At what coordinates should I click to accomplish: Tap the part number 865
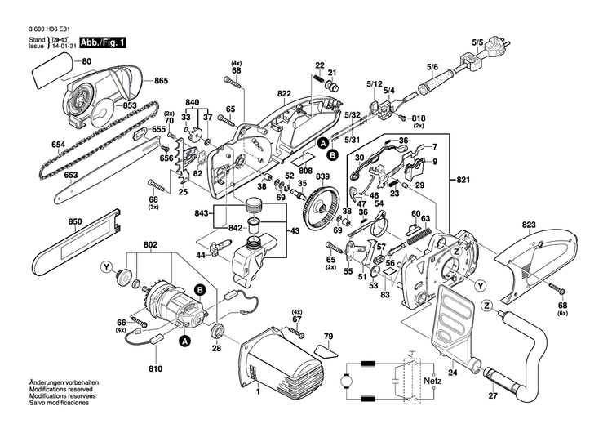(x=161, y=80)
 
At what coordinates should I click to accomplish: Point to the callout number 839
(x=323, y=177)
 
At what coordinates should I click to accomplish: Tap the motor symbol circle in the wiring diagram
(x=342, y=382)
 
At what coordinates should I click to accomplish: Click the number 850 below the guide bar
(x=76, y=222)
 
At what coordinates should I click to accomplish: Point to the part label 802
(x=151, y=244)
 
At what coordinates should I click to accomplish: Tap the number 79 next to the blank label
(x=329, y=337)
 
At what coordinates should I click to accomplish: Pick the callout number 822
(x=284, y=95)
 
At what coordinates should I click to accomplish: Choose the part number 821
(x=463, y=179)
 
